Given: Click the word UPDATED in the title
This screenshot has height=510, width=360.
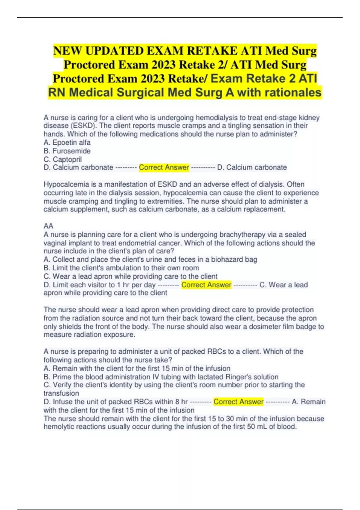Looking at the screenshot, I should [114, 51].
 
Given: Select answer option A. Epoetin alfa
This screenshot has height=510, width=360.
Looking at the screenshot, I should [67, 142].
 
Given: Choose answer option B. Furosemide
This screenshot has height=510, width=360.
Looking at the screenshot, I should [67, 151].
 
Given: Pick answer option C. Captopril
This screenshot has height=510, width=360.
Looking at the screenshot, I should [62, 159].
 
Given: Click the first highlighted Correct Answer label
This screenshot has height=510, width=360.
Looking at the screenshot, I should [164, 167].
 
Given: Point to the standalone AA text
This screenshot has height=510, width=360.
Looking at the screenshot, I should [48, 226].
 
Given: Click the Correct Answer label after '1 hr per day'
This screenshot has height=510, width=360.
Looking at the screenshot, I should [206, 285].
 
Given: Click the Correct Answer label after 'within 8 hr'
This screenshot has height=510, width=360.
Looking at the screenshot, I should [238, 402].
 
